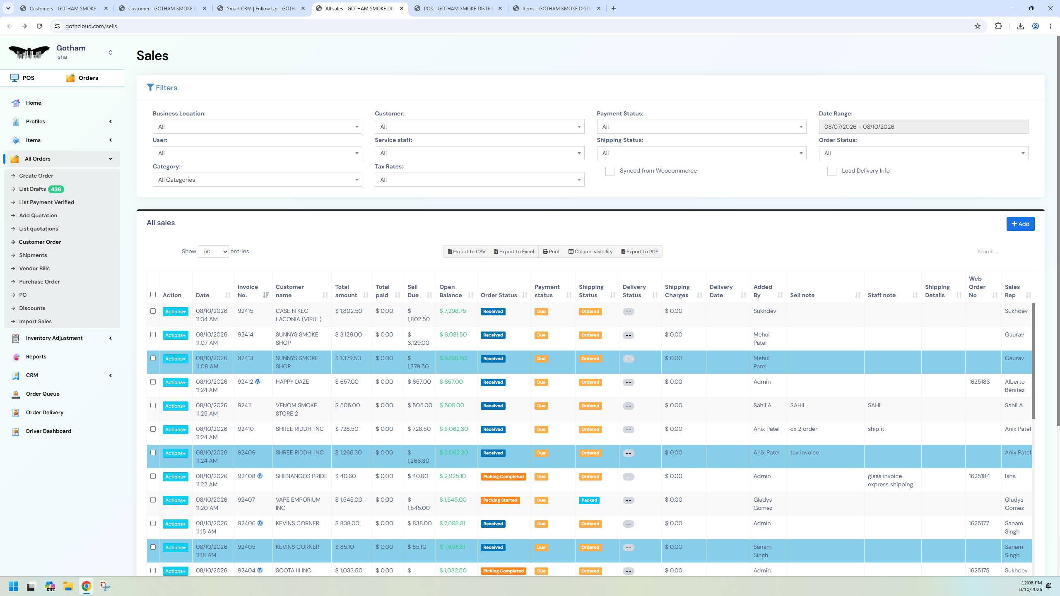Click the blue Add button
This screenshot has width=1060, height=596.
tap(1020, 224)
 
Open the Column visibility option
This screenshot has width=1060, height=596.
tap(590, 252)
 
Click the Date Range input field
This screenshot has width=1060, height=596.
tap(923, 127)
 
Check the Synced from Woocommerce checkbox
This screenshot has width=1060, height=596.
tap(609, 171)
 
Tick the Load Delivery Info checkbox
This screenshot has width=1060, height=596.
tap(831, 171)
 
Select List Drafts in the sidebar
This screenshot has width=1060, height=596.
tap(32, 189)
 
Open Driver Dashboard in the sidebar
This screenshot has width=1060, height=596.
tap(48, 431)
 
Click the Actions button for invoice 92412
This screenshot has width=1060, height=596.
tap(175, 382)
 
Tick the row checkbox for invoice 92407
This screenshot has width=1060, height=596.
tap(153, 500)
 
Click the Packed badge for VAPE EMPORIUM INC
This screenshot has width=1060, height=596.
tap(589, 500)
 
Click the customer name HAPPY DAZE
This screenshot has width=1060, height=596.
tap(292, 382)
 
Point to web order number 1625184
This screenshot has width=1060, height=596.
tap(979, 476)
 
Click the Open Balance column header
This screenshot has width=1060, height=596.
tap(450, 291)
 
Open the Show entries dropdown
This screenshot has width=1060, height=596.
tap(213, 252)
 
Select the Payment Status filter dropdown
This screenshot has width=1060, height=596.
tap(701, 127)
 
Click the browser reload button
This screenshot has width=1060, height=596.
tap(39, 26)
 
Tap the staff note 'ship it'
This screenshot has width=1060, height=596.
tap(876, 429)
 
